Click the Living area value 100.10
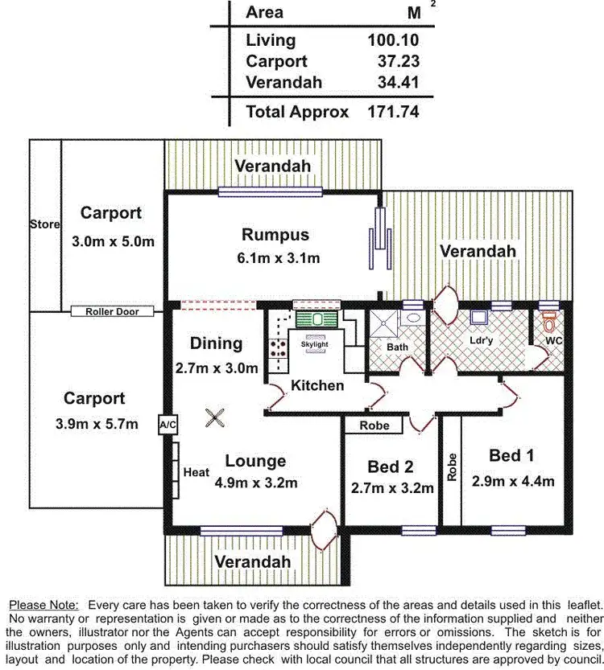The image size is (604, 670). (x=393, y=39)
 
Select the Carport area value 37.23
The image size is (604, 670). (x=399, y=61)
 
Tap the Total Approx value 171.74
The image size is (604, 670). (x=393, y=112)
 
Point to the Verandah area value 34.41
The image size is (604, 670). (x=399, y=82)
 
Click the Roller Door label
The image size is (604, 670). (x=112, y=311)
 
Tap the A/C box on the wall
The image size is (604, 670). (x=168, y=424)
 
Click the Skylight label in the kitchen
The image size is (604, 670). (x=314, y=344)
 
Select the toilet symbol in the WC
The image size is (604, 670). (x=550, y=323)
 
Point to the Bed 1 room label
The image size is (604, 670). (x=511, y=456)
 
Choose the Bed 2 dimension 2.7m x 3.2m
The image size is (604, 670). (x=392, y=487)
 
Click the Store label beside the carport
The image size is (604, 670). (x=44, y=224)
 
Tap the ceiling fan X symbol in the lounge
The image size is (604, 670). (x=214, y=417)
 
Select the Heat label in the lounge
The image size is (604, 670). (x=197, y=472)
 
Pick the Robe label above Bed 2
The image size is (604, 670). (x=374, y=425)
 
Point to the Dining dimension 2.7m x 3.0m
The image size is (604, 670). (x=217, y=368)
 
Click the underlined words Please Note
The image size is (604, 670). (x=43, y=605)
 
